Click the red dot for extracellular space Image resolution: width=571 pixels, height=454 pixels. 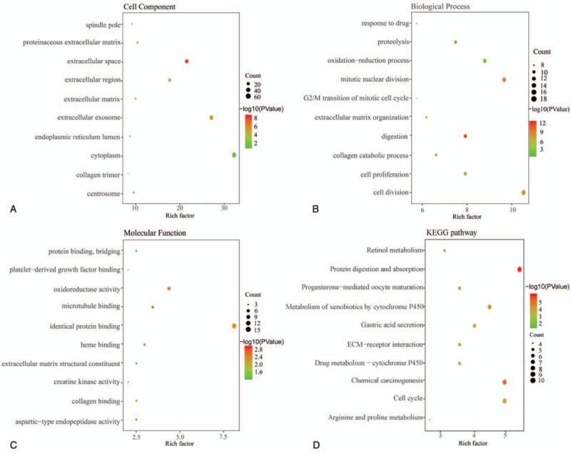pyautogui.click(x=186, y=61)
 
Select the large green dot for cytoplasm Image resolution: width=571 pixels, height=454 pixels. pyautogui.click(x=234, y=155)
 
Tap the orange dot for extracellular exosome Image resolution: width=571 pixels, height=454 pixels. pyautogui.click(x=211, y=117)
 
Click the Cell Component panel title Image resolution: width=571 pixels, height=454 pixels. pyautogui.click(x=153, y=7)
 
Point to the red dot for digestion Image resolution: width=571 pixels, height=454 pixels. pyautogui.click(x=465, y=136)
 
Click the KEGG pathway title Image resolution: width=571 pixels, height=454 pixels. pyautogui.click(x=468, y=234)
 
